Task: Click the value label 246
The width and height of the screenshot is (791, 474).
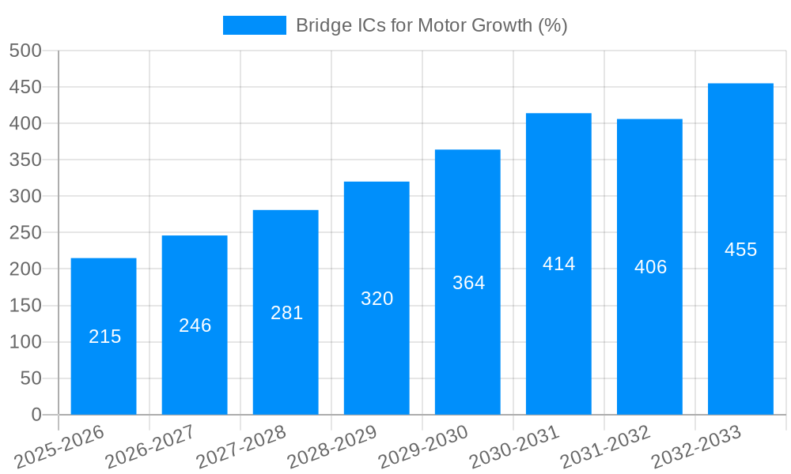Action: click(195, 325)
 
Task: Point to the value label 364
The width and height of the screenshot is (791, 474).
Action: click(468, 283)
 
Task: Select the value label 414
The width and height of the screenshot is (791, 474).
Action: click(559, 264)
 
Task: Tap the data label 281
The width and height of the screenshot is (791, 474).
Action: click(286, 313)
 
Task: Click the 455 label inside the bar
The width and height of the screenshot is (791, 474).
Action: click(741, 250)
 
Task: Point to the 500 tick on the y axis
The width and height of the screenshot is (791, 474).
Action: click(25, 51)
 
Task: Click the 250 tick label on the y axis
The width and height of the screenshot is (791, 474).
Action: click(25, 233)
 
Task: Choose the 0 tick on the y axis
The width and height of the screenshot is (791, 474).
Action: click(36, 415)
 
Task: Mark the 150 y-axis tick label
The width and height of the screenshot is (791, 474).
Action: click(25, 306)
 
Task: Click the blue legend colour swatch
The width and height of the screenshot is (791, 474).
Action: click(254, 25)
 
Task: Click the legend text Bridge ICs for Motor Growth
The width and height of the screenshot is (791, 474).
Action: click(431, 25)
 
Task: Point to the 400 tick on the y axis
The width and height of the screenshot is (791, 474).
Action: click(25, 123)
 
